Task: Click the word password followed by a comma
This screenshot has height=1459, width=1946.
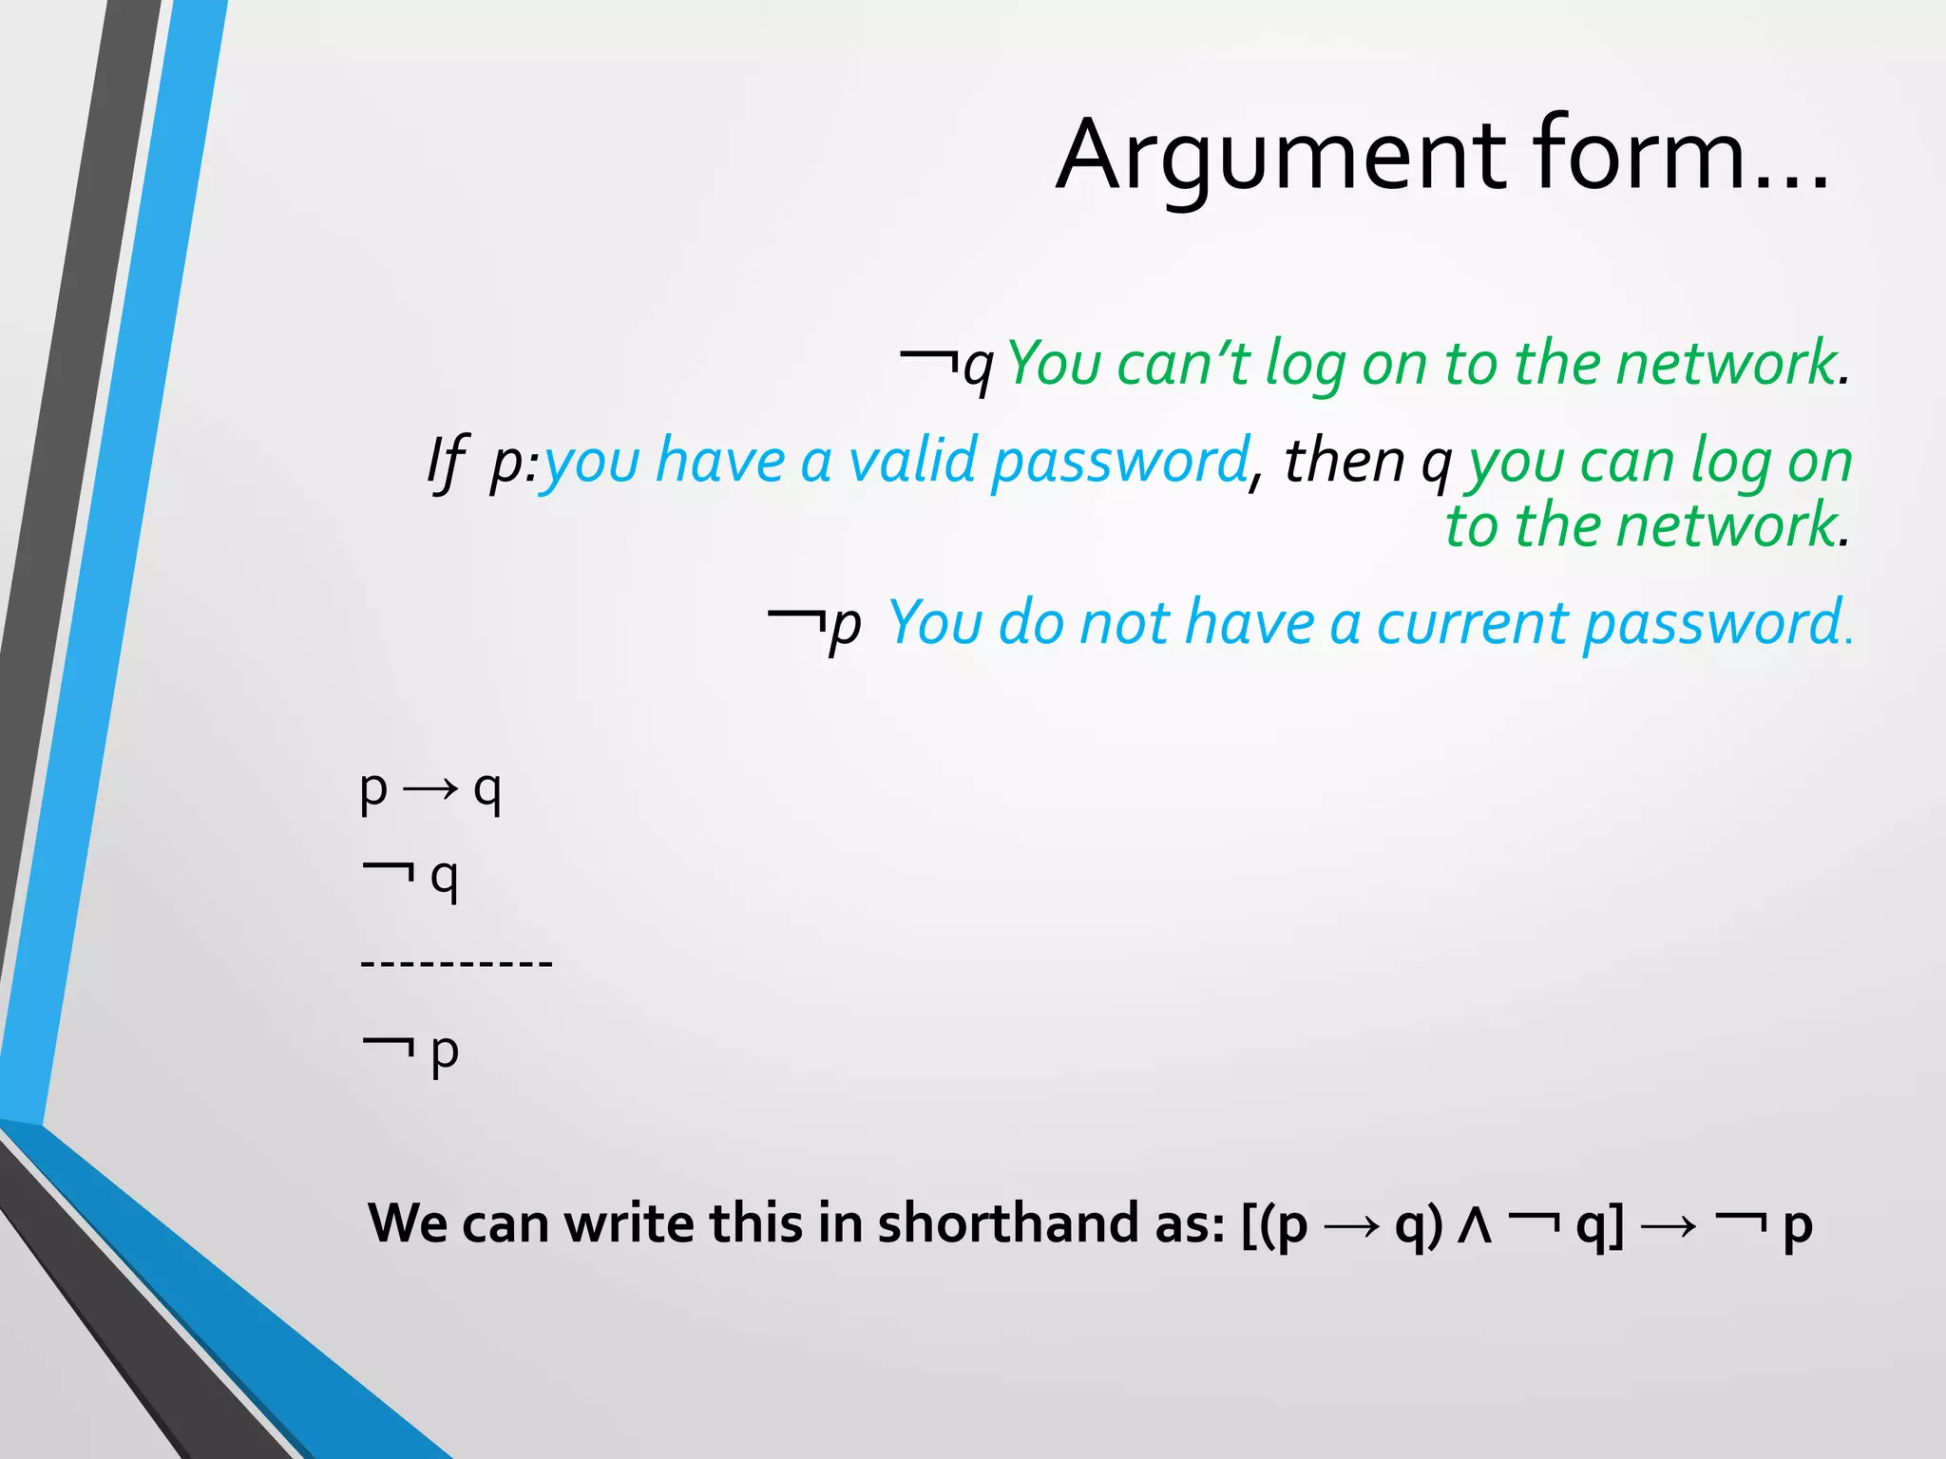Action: click(1119, 464)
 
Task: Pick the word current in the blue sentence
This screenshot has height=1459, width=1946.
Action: click(1471, 624)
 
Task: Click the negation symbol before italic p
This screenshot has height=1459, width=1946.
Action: click(796, 618)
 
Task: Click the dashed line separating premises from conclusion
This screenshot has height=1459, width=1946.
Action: click(456, 963)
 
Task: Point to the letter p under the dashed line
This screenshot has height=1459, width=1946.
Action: click(445, 1052)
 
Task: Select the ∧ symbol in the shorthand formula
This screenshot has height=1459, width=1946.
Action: click(1475, 1225)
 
